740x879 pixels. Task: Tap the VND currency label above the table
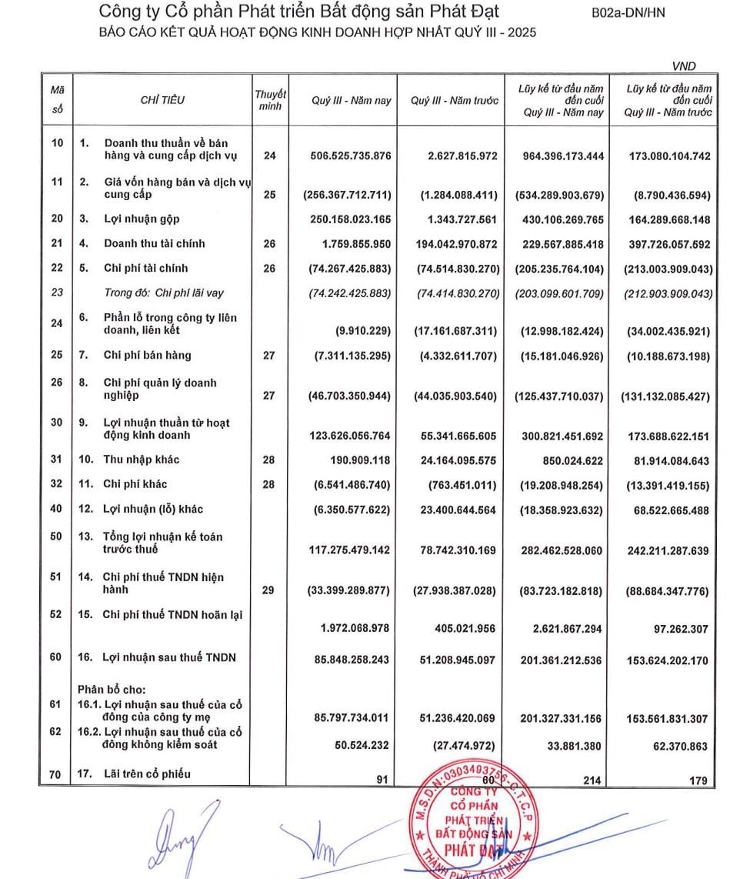coord(684,66)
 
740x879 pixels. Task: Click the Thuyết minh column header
coord(270,100)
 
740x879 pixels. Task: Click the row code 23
coord(55,293)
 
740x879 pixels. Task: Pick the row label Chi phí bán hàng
coord(148,356)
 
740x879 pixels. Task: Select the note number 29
coord(269,590)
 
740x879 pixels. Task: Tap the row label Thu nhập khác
coord(142,460)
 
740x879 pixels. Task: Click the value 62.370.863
coord(679,746)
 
